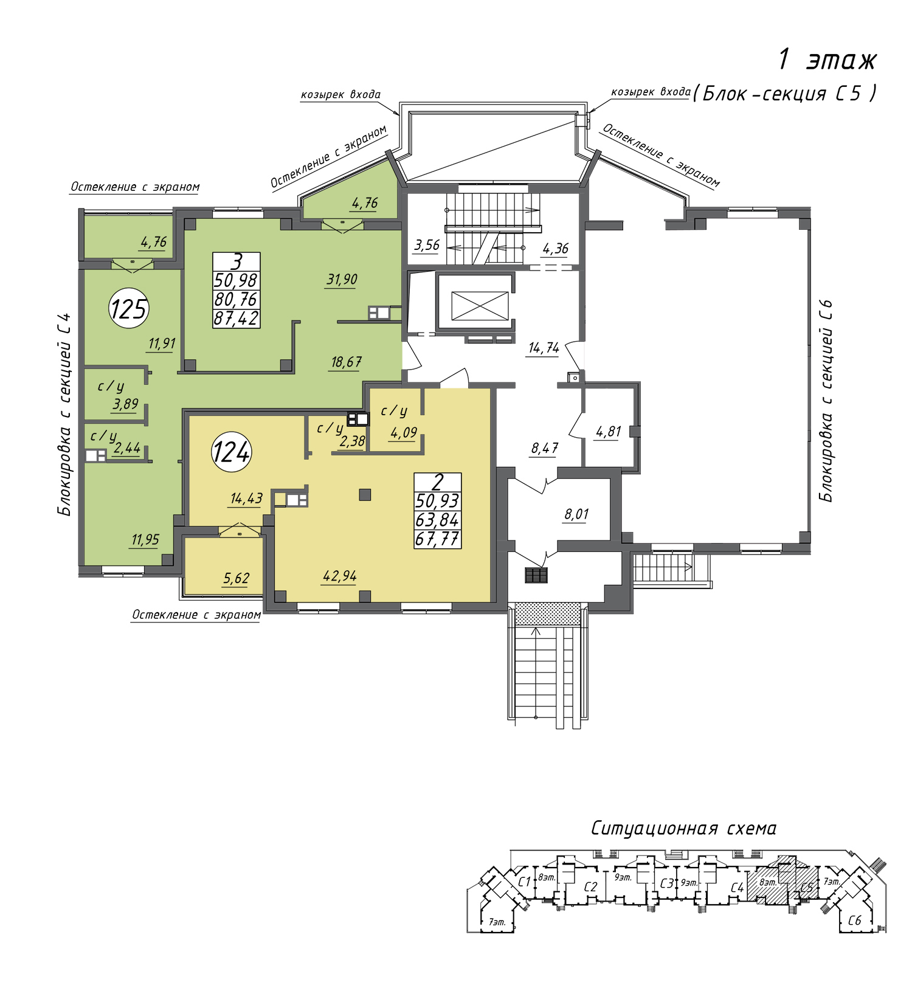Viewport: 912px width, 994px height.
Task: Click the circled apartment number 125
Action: (129, 308)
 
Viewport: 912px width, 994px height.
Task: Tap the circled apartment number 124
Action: (231, 452)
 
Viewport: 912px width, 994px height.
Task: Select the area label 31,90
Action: (342, 280)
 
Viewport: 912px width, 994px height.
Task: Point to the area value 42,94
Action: (340, 576)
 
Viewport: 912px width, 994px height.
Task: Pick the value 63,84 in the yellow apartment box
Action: (437, 520)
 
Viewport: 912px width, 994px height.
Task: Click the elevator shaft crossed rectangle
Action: (480, 305)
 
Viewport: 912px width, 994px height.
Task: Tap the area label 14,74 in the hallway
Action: (544, 348)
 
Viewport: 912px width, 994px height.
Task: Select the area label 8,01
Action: (576, 514)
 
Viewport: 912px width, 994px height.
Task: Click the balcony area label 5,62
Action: (236, 578)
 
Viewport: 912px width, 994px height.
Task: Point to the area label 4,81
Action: (608, 432)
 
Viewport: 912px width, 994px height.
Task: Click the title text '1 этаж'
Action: (827, 60)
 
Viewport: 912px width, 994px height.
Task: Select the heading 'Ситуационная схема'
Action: (683, 829)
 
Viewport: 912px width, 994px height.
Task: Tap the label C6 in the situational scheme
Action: (855, 920)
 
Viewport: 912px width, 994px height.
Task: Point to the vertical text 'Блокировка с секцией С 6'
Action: (826, 401)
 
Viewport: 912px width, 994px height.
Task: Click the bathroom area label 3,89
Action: (125, 404)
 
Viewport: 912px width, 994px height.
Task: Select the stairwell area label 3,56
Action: (426, 245)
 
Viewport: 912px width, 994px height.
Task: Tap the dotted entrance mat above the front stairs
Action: (547, 614)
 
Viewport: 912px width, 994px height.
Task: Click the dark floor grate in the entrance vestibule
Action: (536, 575)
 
